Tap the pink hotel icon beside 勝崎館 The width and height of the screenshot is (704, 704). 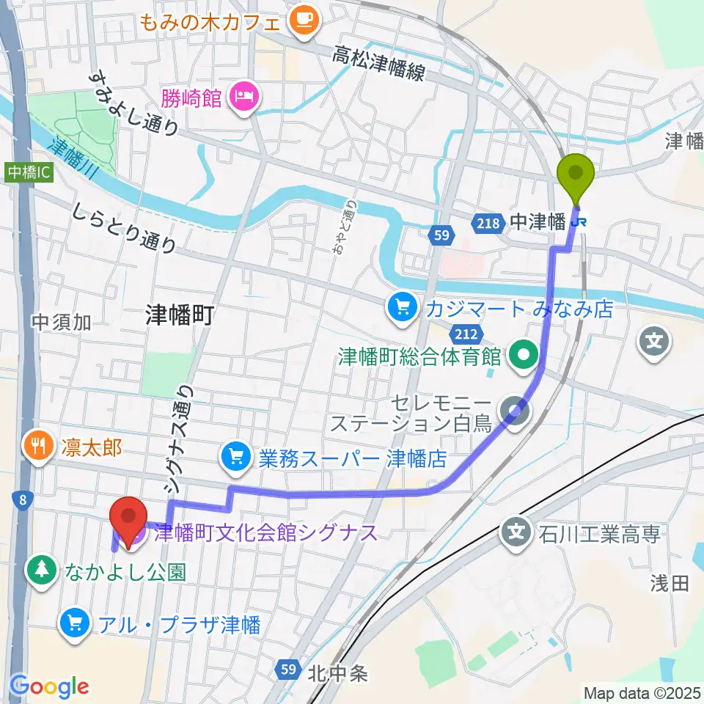[x=243, y=96]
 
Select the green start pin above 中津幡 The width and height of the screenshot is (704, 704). [x=576, y=174]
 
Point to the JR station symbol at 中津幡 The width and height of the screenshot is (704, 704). [x=582, y=221]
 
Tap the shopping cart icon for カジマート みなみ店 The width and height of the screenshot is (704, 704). [x=401, y=308]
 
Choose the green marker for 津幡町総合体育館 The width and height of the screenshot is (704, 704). [x=523, y=357]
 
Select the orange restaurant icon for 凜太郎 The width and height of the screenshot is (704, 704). [x=37, y=447]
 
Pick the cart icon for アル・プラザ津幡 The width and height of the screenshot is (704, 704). [x=74, y=623]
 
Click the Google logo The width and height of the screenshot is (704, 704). [x=49, y=686]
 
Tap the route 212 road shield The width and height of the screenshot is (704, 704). [x=469, y=334]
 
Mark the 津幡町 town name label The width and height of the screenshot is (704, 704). [x=179, y=315]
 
